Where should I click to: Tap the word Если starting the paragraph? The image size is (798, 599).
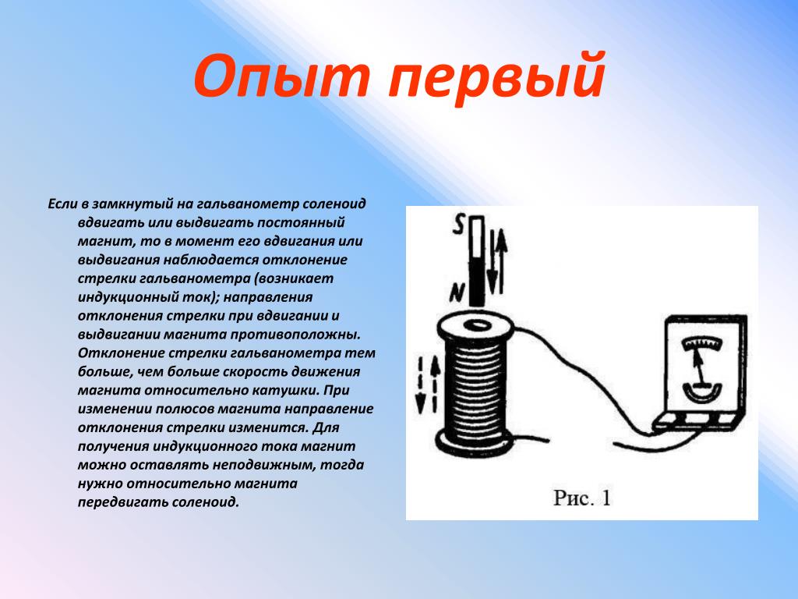(x=62, y=204)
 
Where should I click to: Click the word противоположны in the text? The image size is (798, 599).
(x=295, y=335)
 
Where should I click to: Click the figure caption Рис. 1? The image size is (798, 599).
(x=581, y=498)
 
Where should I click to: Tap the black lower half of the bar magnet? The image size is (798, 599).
(x=477, y=281)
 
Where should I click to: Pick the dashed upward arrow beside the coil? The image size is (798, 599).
(x=435, y=383)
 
